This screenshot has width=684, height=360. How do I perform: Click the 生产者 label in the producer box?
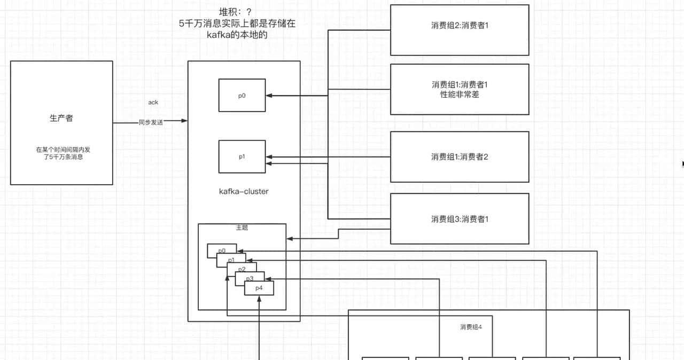61,119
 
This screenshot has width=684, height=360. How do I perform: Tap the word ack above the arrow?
153,102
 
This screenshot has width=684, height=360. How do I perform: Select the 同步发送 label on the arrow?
151,122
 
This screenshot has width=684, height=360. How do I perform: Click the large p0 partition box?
242,96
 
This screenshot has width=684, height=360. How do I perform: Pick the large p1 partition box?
242,156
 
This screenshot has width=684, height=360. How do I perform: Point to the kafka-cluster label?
244,191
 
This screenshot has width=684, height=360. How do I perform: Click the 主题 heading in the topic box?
242,228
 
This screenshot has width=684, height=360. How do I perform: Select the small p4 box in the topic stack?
259,288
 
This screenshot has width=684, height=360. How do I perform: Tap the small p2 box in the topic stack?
242,269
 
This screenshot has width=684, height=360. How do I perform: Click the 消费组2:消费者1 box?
460,26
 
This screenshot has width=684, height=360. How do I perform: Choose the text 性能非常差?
460,95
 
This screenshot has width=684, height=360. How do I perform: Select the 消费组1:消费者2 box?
460,157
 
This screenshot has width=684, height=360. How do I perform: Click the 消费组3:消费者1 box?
460,219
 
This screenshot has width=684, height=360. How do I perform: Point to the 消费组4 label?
471,327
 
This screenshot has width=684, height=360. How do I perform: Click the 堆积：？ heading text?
236,12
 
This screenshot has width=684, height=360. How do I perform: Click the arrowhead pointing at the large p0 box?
269,96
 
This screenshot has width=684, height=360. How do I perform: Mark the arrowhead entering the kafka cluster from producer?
185,121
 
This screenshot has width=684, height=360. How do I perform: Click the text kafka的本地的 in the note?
237,35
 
